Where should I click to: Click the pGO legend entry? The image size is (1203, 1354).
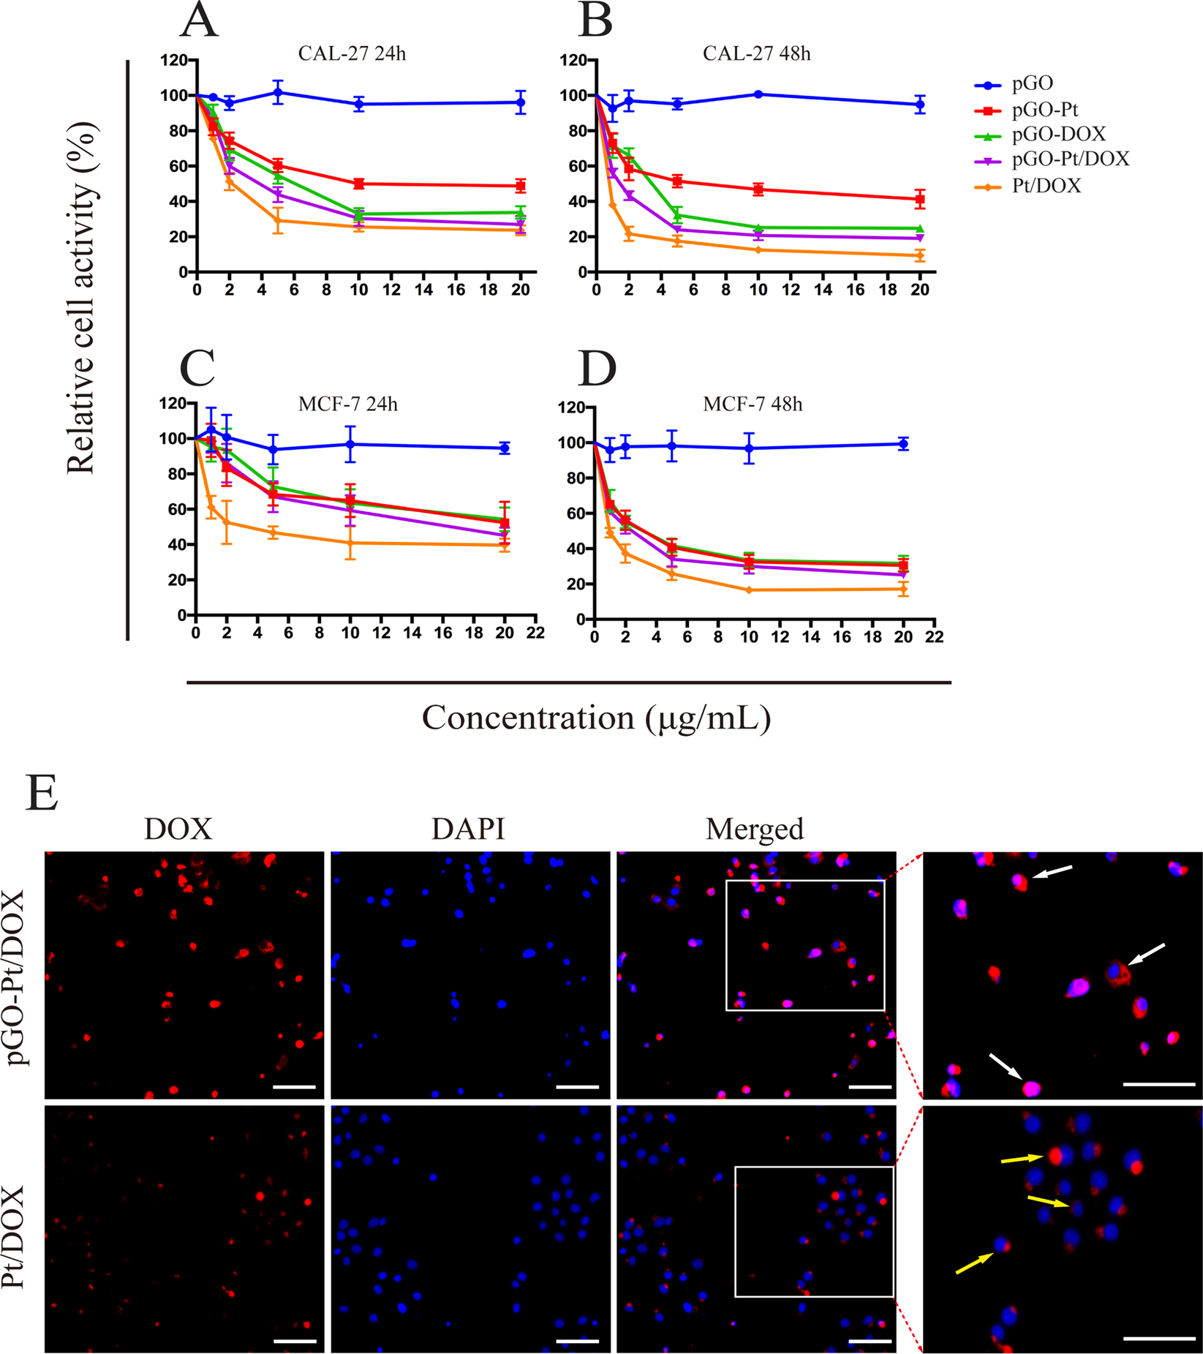[1032, 85]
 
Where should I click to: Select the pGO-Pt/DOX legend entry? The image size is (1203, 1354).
[1070, 159]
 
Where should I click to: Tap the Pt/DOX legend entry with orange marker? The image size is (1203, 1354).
[1046, 186]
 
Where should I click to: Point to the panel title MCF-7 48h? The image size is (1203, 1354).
[753, 404]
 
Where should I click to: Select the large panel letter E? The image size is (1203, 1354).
[41, 793]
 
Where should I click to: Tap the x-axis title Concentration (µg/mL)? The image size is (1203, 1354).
[596, 718]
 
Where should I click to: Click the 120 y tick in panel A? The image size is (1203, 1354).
[175, 60]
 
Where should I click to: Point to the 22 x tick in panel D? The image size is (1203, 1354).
[934, 638]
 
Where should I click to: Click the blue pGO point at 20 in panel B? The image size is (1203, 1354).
[920, 105]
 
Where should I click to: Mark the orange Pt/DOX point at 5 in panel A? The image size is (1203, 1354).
[278, 220]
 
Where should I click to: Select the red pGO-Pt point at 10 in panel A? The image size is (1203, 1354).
[358, 184]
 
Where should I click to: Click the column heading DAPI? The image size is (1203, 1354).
[468, 829]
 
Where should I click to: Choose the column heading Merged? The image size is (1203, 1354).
[754, 829]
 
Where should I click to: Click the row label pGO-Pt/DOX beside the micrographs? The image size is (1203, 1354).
[16, 977]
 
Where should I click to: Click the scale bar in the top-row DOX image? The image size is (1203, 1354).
[294, 1087]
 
